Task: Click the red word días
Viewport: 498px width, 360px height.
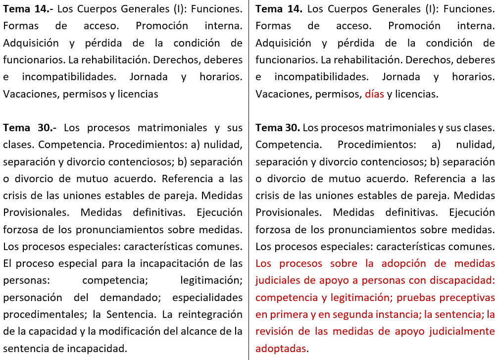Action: (x=374, y=94)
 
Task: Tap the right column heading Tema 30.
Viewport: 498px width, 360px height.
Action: (x=278, y=127)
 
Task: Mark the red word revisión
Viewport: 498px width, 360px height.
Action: (x=275, y=331)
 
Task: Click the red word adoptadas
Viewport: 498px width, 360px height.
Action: (x=281, y=348)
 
